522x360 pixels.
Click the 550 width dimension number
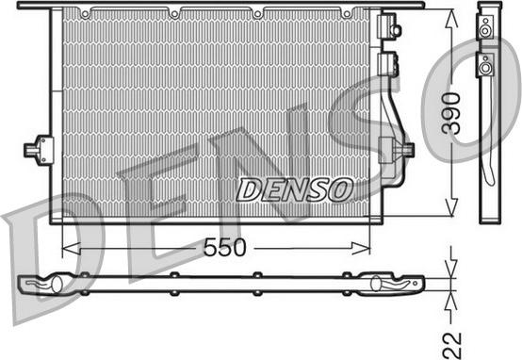pos(224,248)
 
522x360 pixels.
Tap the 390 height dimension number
pos(451,113)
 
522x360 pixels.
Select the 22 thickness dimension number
pos(451,345)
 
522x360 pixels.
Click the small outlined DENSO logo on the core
pos(295,189)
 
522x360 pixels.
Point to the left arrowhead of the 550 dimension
pos(71,248)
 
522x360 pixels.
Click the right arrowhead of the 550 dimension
pos(361,248)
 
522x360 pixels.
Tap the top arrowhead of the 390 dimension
pos(451,18)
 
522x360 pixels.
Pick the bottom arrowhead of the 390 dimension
pos(451,207)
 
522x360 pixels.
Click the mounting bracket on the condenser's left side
pos(40,150)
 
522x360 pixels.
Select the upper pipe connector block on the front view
pos(389,25)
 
